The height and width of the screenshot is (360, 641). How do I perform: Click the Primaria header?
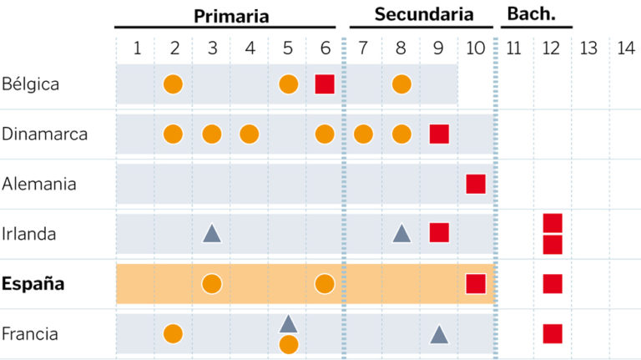pyautogui.click(x=231, y=15)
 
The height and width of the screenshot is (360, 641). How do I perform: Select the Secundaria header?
pyautogui.click(x=423, y=14)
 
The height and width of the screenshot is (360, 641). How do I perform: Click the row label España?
pyautogui.click(x=33, y=284)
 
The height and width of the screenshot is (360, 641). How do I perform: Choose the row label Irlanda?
pyautogui.click(x=29, y=234)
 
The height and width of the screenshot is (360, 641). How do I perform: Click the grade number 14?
pyautogui.click(x=626, y=48)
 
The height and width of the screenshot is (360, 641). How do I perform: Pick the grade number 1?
pyautogui.click(x=137, y=48)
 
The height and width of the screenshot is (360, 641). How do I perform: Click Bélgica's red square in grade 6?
pyautogui.click(x=325, y=84)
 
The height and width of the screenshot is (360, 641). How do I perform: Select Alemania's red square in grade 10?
pyautogui.click(x=476, y=184)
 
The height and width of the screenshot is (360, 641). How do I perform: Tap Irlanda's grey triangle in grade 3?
pyautogui.click(x=212, y=234)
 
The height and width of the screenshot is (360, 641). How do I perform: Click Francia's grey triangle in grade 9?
pyautogui.click(x=439, y=335)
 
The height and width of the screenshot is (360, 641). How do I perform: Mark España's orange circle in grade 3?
pyautogui.click(x=212, y=284)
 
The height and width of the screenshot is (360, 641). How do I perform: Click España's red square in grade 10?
pyautogui.click(x=476, y=284)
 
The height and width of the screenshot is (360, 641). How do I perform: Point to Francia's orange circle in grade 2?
pyautogui.click(x=173, y=334)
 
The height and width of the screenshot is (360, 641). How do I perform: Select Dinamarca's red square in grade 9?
pyautogui.click(x=439, y=134)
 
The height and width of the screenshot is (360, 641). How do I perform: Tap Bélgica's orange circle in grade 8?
pyautogui.click(x=401, y=84)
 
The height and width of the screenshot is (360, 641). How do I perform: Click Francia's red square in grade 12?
pyautogui.click(x=553, y=334)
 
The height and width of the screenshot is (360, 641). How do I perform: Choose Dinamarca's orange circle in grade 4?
pyautogui.click(x=249, y=134)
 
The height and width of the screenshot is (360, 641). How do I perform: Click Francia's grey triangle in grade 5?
pyautogui.click(x=288, y=324)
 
